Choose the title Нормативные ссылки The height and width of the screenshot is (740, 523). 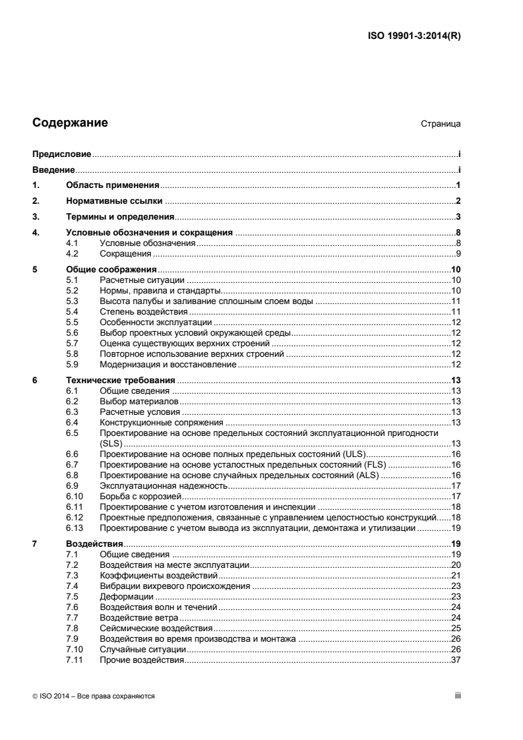pos(114,200)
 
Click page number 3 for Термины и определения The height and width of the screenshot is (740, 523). pos(457,216)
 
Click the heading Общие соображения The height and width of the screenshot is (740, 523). pos(111,269)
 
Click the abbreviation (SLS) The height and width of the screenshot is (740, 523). pos(111,443)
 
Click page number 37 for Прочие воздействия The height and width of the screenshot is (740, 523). pos(455,660)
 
